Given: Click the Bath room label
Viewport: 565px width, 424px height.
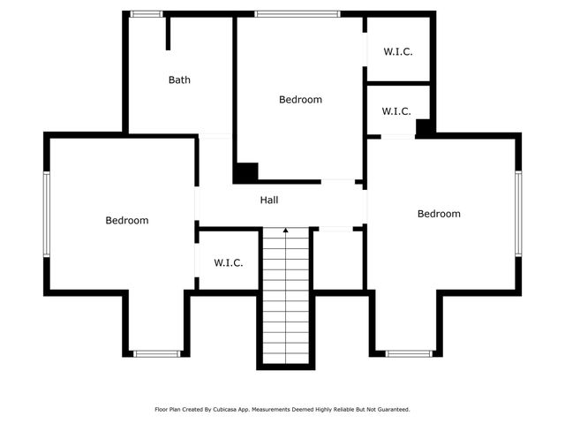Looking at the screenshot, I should tap(179, 79).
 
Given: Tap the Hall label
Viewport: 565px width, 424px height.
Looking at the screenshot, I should tap(269, 201).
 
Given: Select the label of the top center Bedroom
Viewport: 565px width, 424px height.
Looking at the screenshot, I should tap(300, 100).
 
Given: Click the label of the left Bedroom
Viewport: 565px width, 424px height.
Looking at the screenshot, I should tap(127, 220).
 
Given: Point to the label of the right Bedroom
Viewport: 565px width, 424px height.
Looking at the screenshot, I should tap(439, 214).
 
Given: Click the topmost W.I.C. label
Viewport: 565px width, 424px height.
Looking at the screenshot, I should tap(398, 51).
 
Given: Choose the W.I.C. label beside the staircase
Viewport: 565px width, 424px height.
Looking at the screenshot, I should tap(229, 262).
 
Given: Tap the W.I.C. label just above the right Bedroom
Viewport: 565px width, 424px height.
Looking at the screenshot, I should tap(396, 111).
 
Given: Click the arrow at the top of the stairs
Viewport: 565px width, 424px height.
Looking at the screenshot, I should tap(285, 231).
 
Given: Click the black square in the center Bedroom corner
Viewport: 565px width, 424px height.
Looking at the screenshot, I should tap(245, 172).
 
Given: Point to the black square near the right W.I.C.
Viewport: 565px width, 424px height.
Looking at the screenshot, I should tap(425, 126).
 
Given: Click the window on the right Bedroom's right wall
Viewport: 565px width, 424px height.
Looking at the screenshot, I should tap(519, 213).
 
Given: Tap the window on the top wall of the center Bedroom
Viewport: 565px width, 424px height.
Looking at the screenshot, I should tap(298, 13).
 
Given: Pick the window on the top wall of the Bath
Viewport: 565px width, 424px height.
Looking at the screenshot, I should tap(146, 13).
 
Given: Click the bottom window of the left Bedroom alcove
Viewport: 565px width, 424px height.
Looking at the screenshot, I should tap(157, 354).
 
